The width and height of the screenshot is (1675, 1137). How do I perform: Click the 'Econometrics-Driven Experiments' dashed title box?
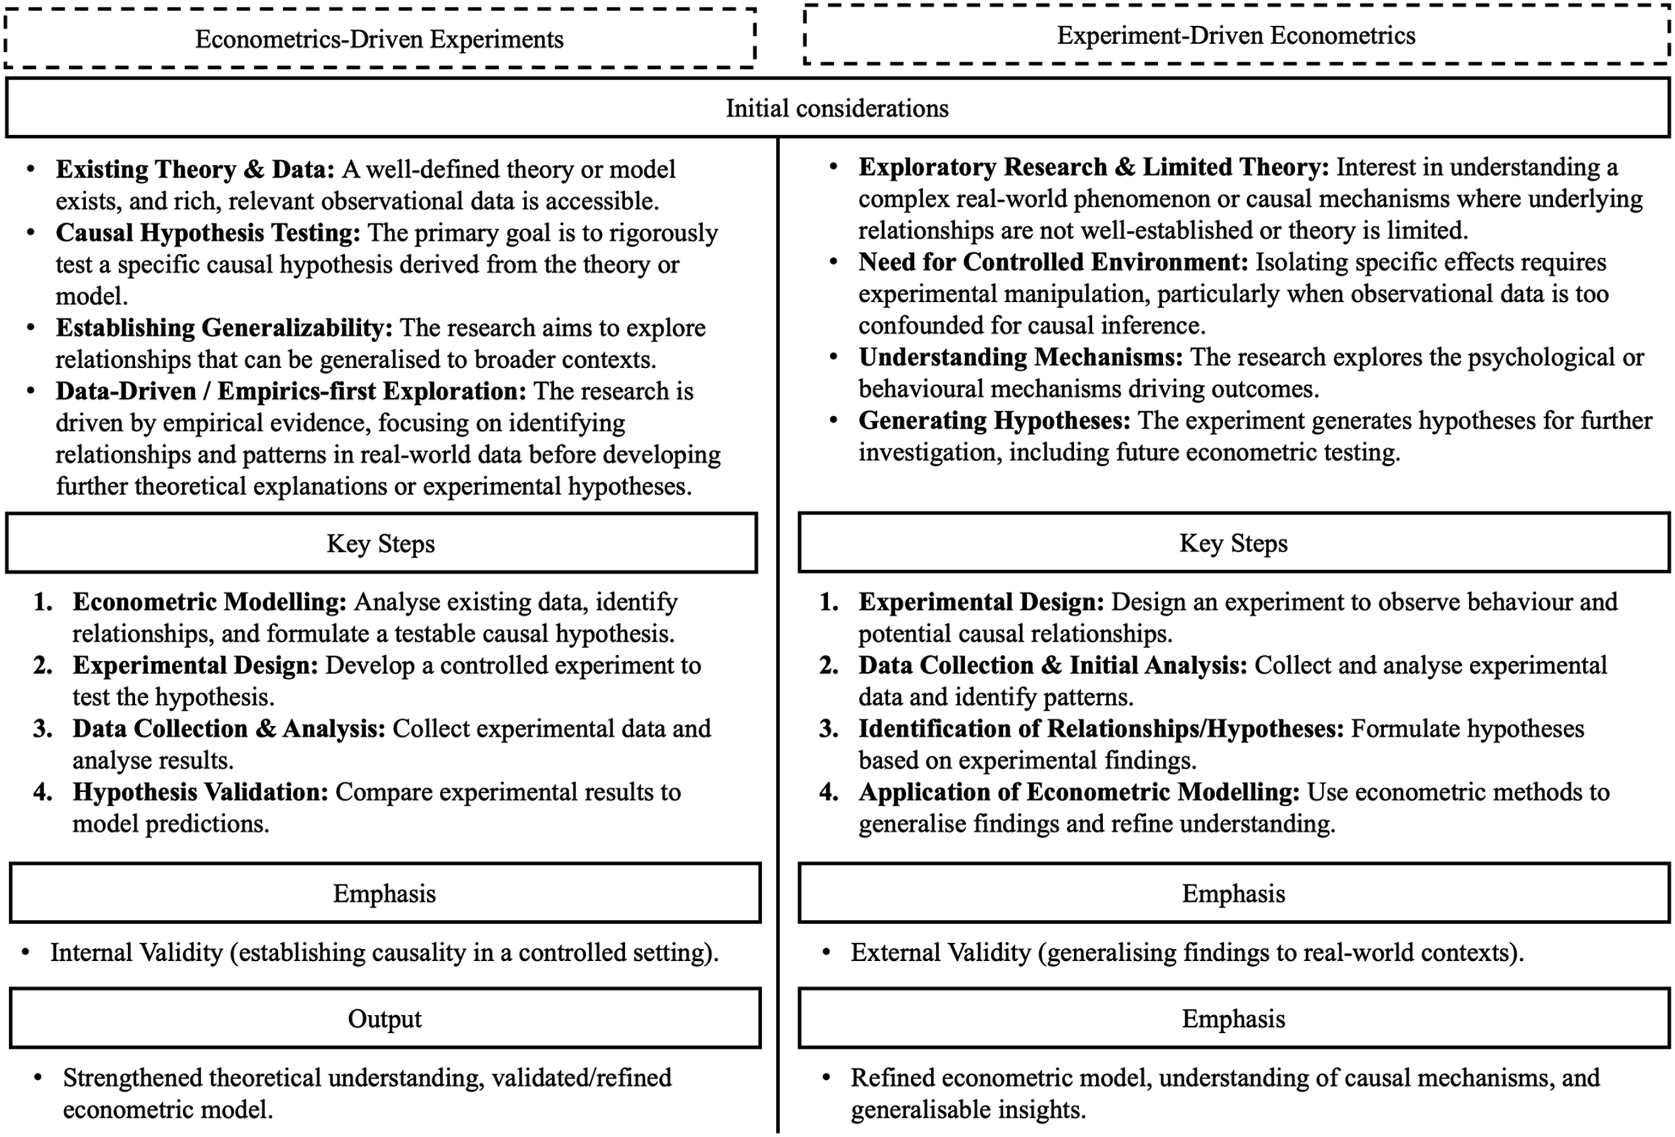tap(379, 39)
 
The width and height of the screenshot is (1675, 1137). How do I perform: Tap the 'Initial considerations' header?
tap(837, 108)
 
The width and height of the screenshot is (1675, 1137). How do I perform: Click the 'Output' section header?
tap(385, 1018)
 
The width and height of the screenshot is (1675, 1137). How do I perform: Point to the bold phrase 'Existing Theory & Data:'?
tap(195, 169)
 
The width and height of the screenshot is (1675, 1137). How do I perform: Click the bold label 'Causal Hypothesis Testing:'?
tap(207, 233)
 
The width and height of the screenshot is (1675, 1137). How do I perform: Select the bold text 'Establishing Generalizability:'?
tap(224, 328)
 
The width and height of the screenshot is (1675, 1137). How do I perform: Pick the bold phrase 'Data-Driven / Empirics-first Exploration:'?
tap(291, 391)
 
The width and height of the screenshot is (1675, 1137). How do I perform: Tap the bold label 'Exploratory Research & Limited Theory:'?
tap(1093, 167)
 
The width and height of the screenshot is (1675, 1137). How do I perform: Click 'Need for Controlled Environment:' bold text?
tap(1053, 262)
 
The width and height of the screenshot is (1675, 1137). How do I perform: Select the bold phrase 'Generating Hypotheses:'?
tap(994, 421)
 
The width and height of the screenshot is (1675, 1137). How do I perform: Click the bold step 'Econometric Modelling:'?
tap(209, 602)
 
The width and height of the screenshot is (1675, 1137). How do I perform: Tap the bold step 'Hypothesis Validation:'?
tap(200, 792)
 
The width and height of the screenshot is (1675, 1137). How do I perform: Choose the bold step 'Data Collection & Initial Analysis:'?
tap(1052, 665)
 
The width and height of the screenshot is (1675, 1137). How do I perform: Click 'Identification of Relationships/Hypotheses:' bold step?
tap(1100, 728)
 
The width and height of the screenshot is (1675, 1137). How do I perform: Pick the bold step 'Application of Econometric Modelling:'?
tap(1078, 792)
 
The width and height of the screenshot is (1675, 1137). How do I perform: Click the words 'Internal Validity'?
tap(136, 953)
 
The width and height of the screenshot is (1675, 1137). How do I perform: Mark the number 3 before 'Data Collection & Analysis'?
tap(43, 728)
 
